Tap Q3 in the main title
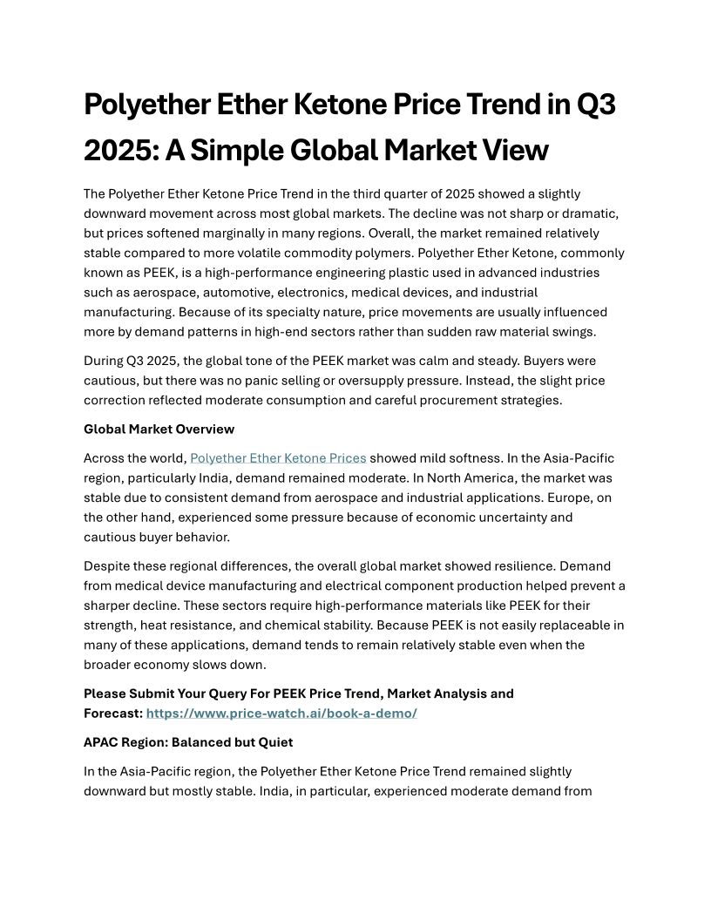597,105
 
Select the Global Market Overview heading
159,430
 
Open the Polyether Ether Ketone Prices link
278,458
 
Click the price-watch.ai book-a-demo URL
281,714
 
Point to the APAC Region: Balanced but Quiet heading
188,742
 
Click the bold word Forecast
112,714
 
